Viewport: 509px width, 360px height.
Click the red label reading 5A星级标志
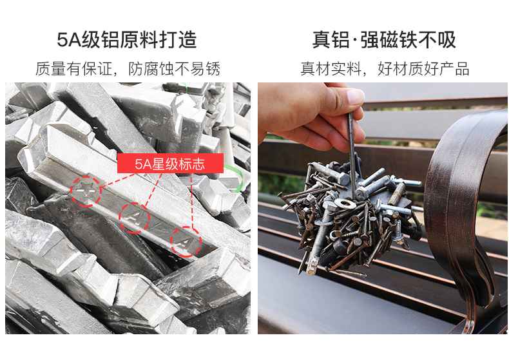click(170, 163)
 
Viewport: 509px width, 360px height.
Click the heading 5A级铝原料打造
click(127, 40)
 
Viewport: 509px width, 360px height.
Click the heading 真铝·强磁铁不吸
click(384, 40)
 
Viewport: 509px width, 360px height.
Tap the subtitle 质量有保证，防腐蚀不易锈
click(128, 69)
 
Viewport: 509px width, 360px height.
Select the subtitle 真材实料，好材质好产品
click(385, 69)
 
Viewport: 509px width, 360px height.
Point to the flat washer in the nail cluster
click(345, 204)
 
